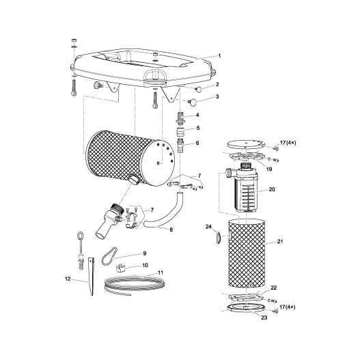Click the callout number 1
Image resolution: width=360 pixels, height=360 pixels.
(219, 55)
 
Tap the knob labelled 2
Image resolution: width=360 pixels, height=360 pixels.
(198, 89)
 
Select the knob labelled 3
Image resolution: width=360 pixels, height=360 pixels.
(192, 102)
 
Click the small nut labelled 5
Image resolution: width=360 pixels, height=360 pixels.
(180, 133)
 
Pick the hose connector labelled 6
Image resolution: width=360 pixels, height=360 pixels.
(180, 146)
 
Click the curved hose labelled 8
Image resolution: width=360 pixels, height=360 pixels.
(165, 212)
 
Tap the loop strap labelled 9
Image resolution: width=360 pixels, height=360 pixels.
(109, 256)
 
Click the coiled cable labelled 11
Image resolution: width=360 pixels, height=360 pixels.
(135, 284)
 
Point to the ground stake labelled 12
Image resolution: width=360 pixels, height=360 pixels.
(91, 277)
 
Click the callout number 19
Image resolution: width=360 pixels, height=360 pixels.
(269, 169)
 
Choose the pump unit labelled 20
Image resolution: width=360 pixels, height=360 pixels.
(243, 187)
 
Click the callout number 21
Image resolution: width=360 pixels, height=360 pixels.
(280, 241)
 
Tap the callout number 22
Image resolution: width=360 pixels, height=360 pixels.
(274, 288)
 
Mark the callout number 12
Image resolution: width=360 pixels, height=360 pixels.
(68, 279)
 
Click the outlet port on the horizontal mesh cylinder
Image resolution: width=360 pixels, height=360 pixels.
(134, 179)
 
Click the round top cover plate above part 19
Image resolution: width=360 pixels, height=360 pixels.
(245, 144)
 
